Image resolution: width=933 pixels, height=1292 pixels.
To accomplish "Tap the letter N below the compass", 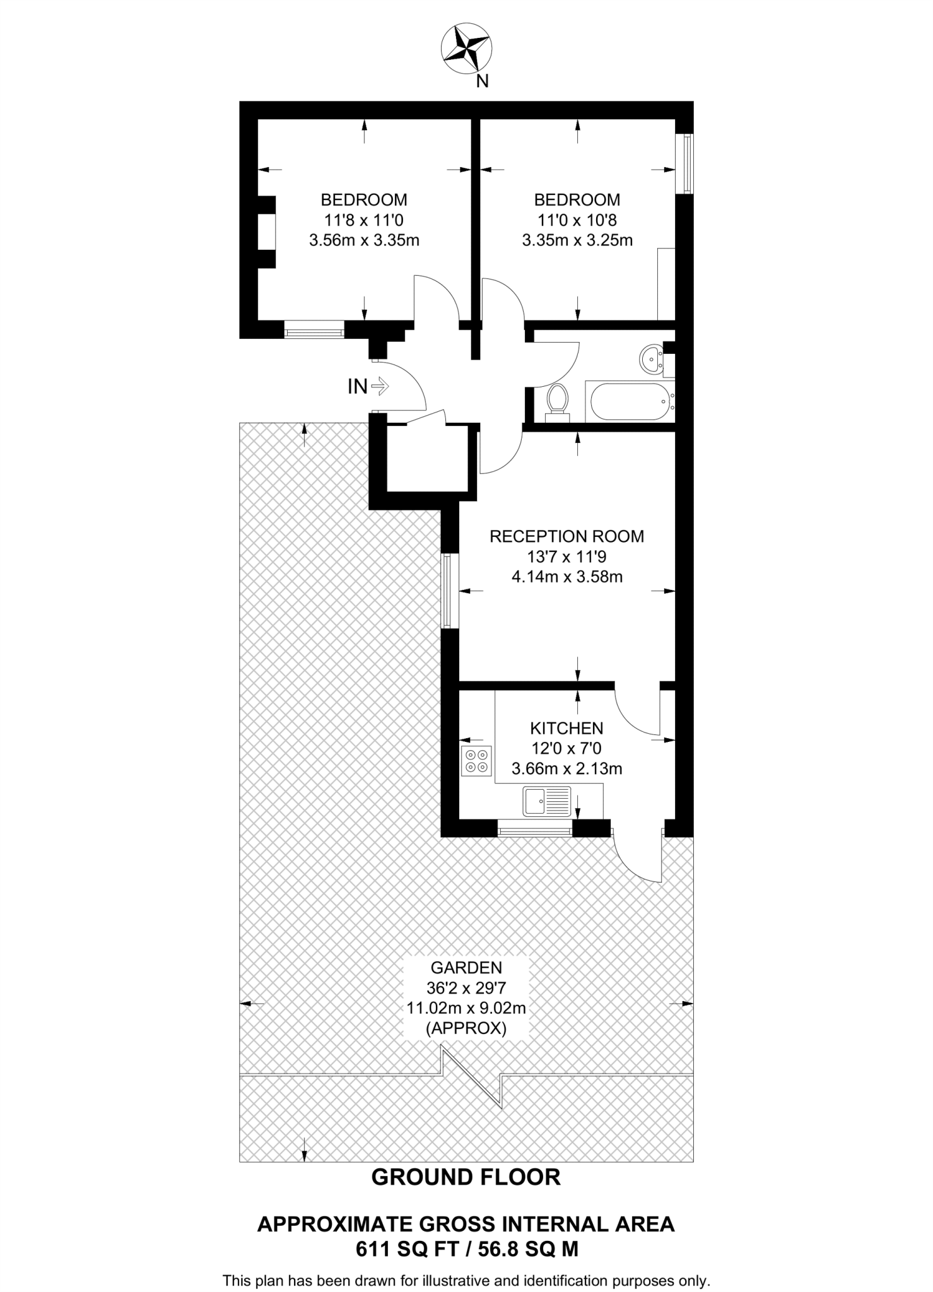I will pyautogui.click(x=483, y=81).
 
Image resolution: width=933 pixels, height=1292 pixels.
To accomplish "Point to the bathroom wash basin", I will pyautogui.click(x=650, y=360).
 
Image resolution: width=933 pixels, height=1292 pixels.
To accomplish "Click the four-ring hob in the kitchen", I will pyautogui.click(x=476, y=760).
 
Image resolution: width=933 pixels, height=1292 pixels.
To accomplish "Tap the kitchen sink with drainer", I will pyautogui.click(x=546, y=801).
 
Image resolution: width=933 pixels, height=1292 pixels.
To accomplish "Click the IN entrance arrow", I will pyautogui.click(x=380, y=385).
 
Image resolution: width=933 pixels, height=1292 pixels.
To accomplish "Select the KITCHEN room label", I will pyautogui.click(x=566, y=728).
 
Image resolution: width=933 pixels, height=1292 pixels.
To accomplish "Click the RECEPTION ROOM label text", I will pyautogui.click(x=566, y=536).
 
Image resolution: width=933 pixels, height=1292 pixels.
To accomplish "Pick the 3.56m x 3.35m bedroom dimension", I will pyautogui.click(x=364, y=240).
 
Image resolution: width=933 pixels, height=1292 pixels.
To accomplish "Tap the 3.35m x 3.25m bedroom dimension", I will pyautogui.click(x=577, y=240).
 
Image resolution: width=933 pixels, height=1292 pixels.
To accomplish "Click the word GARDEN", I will pyautogui.click(x=466, y=967).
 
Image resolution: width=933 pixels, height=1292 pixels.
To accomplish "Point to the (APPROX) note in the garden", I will pyautogui.click(x=466, y=1028).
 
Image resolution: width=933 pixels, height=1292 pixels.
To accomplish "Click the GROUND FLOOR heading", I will pyautogui.click(x=466, y=1177).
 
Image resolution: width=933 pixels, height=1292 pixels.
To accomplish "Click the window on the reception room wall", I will pyautogui.click(x=449, y=590).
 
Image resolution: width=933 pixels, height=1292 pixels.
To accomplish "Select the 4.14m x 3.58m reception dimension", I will pyautogui.click(x=566, y=577).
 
